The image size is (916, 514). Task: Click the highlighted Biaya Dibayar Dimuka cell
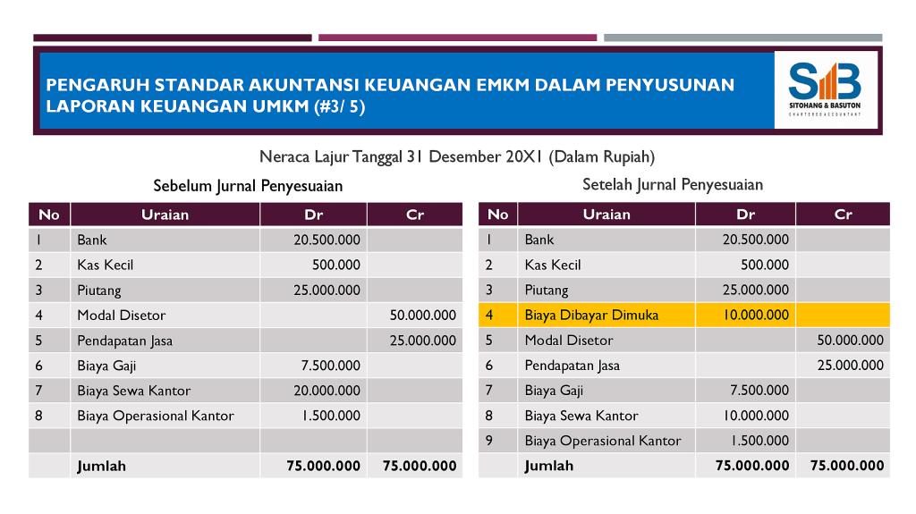coord(591,315)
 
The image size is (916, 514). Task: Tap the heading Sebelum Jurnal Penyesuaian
coord(248,186)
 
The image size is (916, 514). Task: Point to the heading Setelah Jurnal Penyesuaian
coord(673,185)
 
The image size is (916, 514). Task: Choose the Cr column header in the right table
coord(843,215)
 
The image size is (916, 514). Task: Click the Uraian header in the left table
coord(165,215)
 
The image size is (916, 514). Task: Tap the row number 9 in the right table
coord(489,440)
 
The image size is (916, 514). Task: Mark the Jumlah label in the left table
coord(101,466)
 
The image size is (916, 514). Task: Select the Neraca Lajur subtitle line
coord(457,157)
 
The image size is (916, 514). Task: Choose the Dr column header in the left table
coord(313,215)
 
